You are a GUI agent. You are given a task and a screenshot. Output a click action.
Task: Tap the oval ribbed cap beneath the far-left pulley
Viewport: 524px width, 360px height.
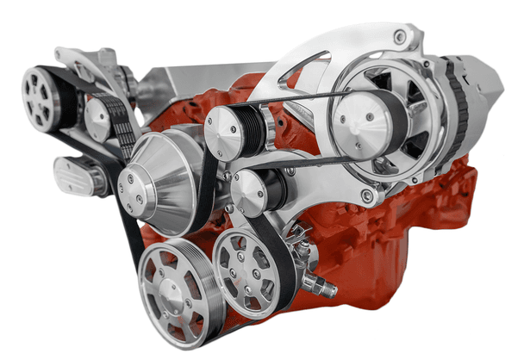click(78, 175)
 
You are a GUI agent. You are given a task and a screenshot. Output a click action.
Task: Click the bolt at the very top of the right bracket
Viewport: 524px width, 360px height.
click(398, 36)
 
